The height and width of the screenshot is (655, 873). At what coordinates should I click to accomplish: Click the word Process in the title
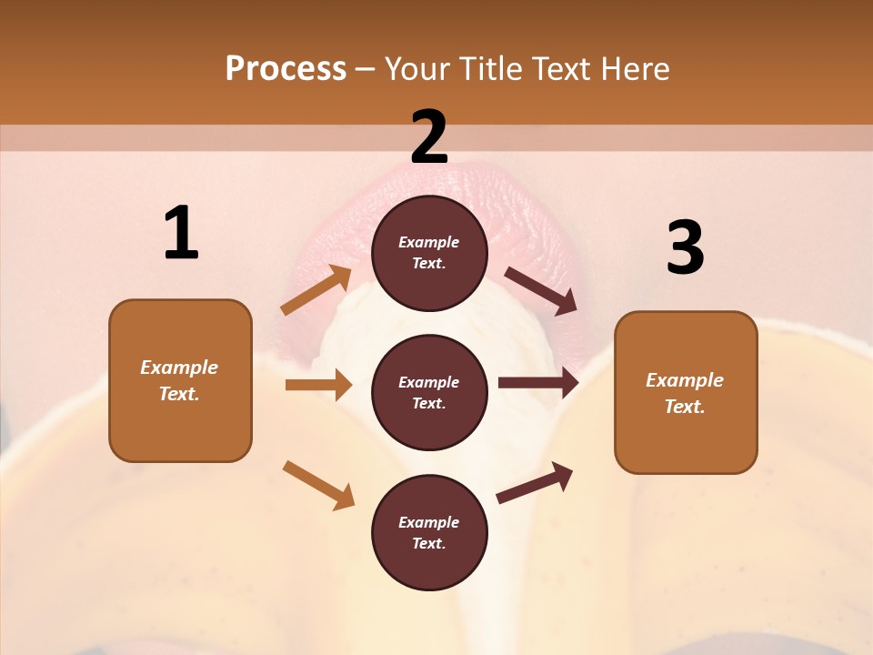pyautogui.click(x=286, y=68)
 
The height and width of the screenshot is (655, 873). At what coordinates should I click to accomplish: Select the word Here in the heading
pyautogui.click(x=635, y=69)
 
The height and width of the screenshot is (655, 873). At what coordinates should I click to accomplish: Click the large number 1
pyautogui.click(x=181, y=234)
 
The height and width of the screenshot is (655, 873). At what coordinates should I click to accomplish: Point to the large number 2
pyautogui.click(x=429, y=137)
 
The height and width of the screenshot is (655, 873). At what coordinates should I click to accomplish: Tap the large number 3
pyautogui.click(x=685, y=248)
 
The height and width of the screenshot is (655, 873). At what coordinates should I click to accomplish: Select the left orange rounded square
pyautogui.click(x=180, y=380)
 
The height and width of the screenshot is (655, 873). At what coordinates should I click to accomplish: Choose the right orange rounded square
pyautogui.click(x=686, y=392)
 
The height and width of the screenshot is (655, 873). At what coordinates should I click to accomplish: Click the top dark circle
pyautogui.click(x=429, y=253)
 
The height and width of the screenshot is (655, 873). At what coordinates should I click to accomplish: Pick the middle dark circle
pyautogui.click(x=429, y=392)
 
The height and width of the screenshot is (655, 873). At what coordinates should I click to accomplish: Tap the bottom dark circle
pyautogui.click(x=429, y=532)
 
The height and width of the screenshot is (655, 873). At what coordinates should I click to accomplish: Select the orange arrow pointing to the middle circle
pyautogui.click(x=318, y=385)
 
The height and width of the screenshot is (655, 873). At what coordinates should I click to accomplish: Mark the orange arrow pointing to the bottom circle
pyautogui.click(x=319, y=485)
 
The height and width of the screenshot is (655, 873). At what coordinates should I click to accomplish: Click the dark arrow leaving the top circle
pyautogui.click(x=541, y=291)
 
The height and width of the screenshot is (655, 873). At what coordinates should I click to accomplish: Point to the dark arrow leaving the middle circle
pyautogui.click(x=538, y=382)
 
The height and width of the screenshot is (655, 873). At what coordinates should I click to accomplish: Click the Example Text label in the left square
pyautogui.click(x=179, y=380)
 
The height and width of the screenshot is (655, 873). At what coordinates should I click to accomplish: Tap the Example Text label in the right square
pyautogui.click(x=685, y=393)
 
